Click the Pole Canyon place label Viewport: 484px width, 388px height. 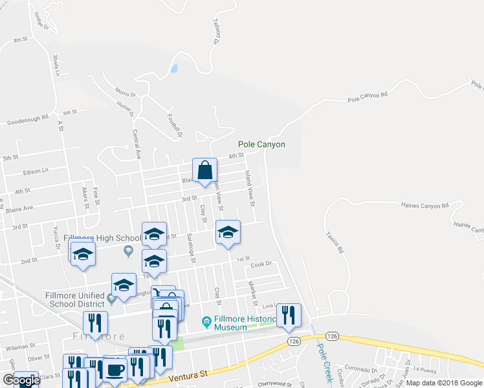pyautogui.click(x=261, y=145)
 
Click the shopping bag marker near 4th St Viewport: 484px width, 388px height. pyautogui.click(x=204, y=171)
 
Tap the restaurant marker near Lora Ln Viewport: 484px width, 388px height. pyautogui.click(x=289, y=315)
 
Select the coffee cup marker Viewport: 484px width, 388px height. pyautogui.click(x=115, y=371)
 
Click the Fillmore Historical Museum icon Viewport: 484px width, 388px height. pyautogui.click(x=206, y=321)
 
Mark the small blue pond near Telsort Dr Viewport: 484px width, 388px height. pyautogui.click(x=173, y=68)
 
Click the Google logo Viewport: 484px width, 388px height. pyautogui.click(x=21, y=381)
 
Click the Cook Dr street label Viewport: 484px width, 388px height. pyautogui.click(x=261, y=264)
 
